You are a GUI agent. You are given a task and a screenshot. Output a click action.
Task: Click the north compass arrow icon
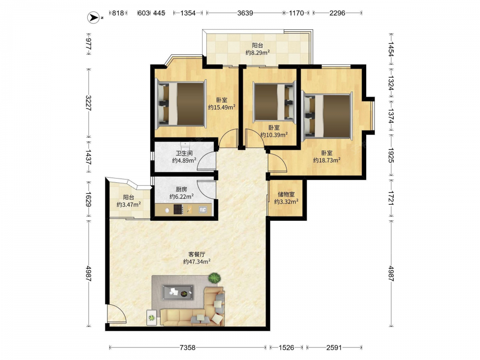click(x=94, y=17)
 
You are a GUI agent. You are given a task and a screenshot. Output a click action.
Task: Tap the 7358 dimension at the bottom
click(x=187, y=348)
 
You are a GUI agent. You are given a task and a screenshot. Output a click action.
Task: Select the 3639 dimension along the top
click(x=245, y=13)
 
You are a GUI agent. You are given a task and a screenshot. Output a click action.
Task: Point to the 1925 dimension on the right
click(x=391, y=155)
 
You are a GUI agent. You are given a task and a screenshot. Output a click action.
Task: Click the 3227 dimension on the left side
click(x=88, y=103)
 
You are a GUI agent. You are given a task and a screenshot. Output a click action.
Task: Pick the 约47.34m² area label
click(x=197, y=262)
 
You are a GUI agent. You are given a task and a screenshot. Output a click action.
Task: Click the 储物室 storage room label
click(x=286, y=194)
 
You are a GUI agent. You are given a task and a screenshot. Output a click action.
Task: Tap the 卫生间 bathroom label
click(x=184, y=153)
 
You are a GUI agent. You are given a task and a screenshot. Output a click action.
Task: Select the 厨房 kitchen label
click(x=181, y=190)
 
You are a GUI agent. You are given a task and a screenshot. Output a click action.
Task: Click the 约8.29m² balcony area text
click(x=257, y=53)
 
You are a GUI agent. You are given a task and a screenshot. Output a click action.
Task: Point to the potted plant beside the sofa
click(x=215, y=278)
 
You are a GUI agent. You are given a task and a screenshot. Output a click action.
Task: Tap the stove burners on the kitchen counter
click(x=178, y=209)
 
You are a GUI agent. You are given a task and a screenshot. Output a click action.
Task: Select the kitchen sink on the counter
click(x=203, y=210)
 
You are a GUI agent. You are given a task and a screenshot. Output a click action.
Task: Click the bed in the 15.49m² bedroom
click(x=180, y=104)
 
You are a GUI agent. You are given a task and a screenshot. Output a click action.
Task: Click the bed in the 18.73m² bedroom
click(x=327, y=116)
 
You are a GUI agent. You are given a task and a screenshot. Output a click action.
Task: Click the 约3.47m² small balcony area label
click(x=129, y=204)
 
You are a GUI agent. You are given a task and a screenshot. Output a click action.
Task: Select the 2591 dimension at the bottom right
click(x=334, y=348)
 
